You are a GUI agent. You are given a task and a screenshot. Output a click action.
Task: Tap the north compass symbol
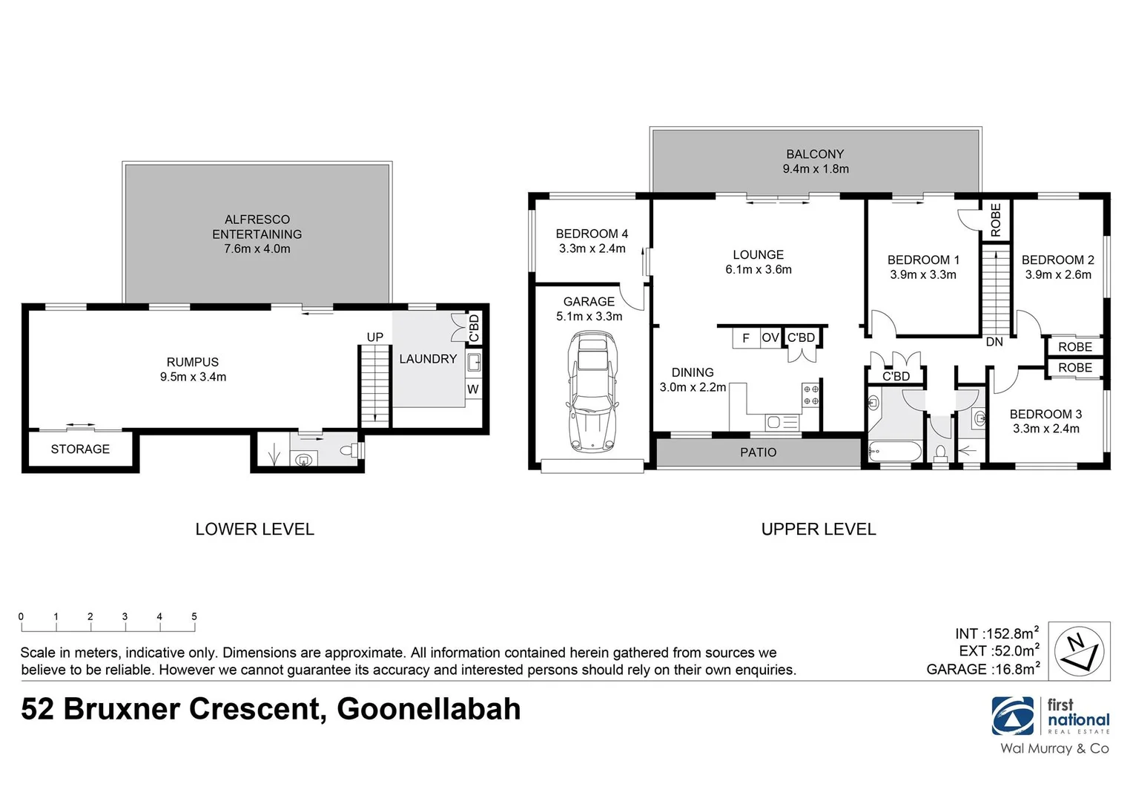click(1079, 650)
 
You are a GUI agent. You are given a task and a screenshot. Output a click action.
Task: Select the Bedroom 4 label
click(592, 234)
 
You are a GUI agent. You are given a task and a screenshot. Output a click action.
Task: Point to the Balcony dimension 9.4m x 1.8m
click(816, 169)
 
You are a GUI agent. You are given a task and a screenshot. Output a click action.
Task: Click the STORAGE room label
click(80, 449)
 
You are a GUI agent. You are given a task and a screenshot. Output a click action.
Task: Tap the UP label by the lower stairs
click(375, 337)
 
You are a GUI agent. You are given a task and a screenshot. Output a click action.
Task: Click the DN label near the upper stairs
click(994, 342)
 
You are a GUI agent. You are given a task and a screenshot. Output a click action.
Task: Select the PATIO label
click(758, 452)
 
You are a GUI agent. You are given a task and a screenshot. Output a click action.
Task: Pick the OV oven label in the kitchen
click(770, 337)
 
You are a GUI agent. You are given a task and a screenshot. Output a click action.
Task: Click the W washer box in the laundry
click(473, 389)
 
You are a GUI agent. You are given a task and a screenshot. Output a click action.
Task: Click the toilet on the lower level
click(349, 449)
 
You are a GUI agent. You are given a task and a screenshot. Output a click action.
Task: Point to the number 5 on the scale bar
click(194, 616)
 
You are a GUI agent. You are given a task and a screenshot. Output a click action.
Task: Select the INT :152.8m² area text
click(996, 633)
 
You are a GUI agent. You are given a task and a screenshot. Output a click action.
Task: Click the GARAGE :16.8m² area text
click(982, 669)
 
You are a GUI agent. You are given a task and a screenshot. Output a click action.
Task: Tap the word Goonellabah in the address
click(429, 709)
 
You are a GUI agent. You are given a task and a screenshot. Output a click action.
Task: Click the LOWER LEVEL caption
click(254, 530)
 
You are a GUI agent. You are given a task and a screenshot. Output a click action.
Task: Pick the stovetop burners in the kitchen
click(810, 395)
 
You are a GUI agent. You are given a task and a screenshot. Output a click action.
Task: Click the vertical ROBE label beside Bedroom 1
click(996, 220)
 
